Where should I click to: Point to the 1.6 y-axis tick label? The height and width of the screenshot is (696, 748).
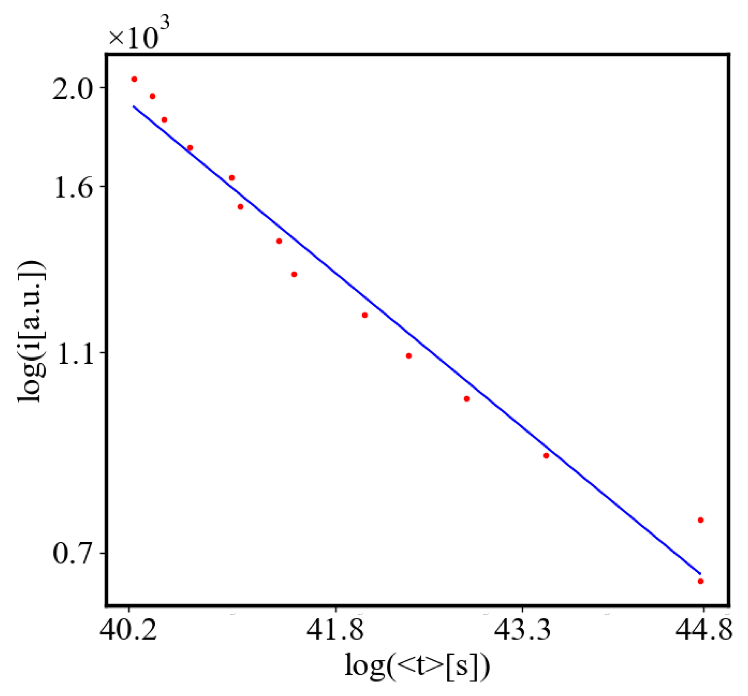(72, 188)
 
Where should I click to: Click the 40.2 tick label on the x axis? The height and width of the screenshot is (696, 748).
(128, 630)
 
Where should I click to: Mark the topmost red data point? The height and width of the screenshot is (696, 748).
(134, 79)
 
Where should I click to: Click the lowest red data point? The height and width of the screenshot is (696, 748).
(701, 581)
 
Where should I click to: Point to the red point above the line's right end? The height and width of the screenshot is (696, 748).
(701, 520)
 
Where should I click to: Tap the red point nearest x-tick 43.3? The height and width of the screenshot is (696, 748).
(546, 456)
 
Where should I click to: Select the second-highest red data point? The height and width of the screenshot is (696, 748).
(152, 96)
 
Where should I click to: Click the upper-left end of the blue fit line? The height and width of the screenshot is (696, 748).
(133, 106)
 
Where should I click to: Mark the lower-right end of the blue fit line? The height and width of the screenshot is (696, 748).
(700, 573)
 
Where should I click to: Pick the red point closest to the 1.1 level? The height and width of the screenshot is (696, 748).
(409, 356)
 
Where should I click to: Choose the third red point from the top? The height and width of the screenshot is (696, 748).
(164, 120)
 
